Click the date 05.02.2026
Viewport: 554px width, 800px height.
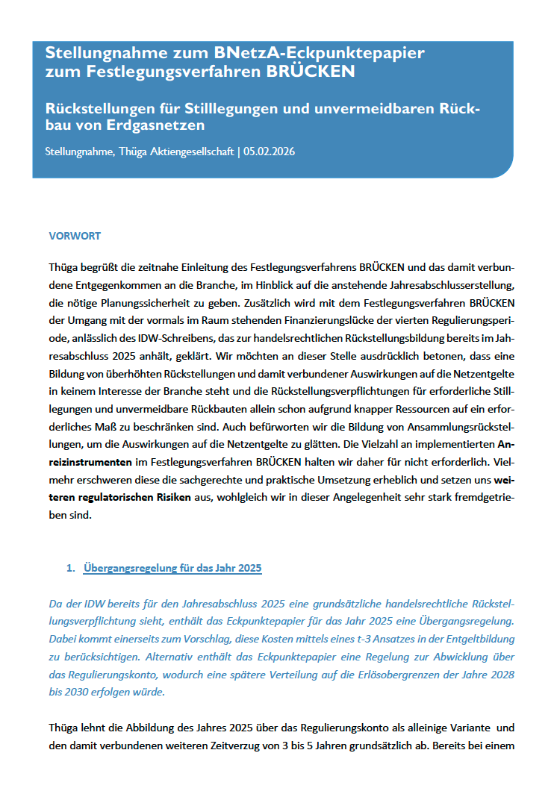270,152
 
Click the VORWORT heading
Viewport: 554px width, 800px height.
75,236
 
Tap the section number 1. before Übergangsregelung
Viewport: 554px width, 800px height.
71,569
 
